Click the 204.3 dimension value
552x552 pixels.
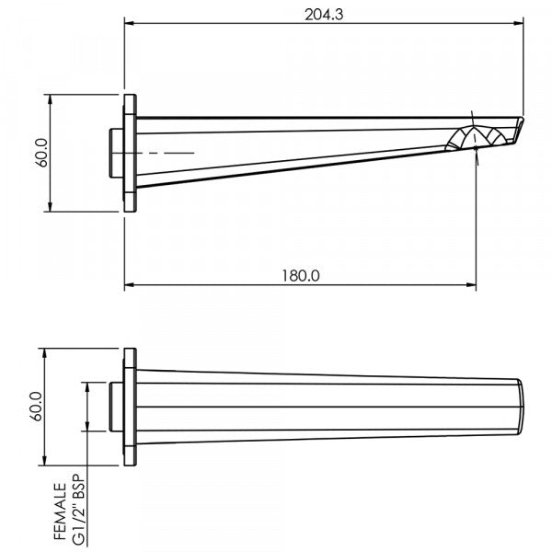[x=323, y=15]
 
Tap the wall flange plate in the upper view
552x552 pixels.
[x=131, y=152]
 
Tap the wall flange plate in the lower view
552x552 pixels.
[x=131, y=407]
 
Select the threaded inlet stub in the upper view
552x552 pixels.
[x=116, y=152]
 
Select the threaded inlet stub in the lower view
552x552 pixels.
[x=116, y=407]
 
